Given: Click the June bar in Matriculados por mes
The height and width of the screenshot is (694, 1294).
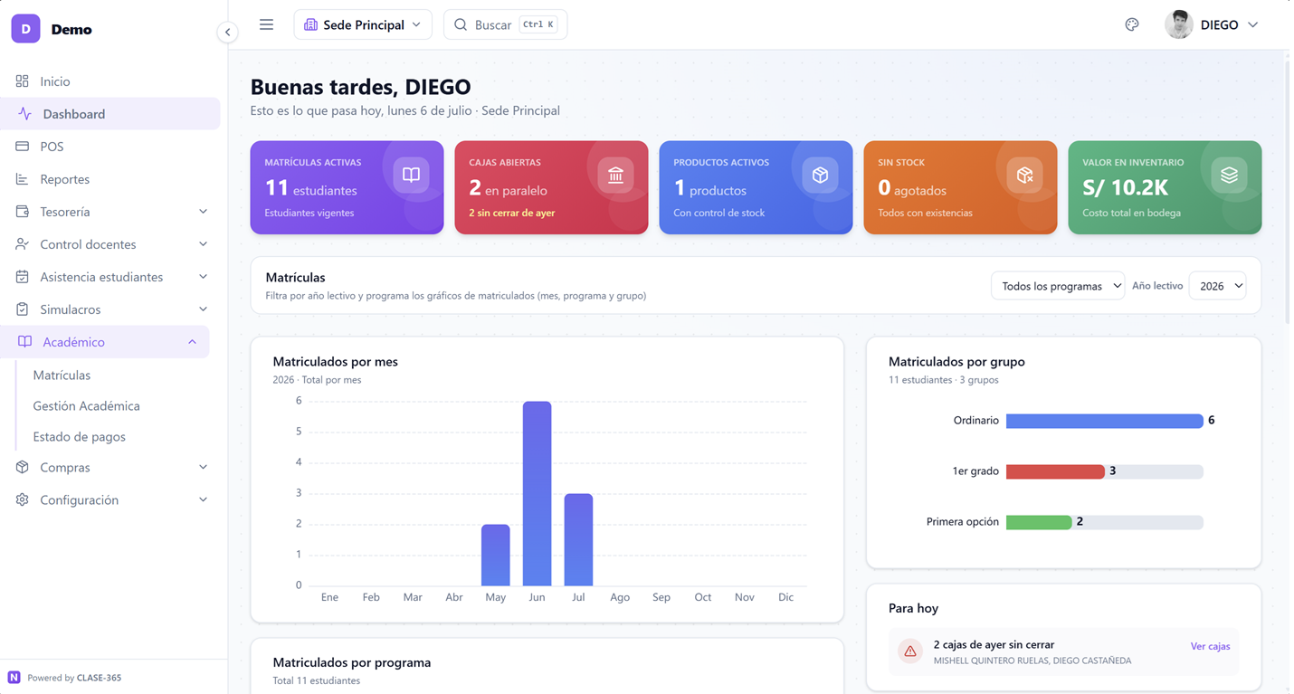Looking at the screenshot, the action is tap(537, 493).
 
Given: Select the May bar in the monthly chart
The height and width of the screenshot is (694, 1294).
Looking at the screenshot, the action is tap(496, 555).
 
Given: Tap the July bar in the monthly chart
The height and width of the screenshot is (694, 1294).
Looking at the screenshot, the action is tap(578, 539).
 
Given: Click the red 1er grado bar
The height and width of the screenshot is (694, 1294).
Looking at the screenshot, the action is tap(1055, 471).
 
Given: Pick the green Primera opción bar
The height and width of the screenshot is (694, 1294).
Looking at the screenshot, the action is tap(1039, 522).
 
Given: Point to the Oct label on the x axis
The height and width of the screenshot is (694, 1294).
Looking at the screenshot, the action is tap(702, 597).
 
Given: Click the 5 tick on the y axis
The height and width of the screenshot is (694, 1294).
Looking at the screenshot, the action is tap(299, 431).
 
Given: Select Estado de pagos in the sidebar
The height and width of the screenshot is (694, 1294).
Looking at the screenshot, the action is tap(79, 436).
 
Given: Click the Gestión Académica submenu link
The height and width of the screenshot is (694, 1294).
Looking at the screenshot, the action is tap(87, 405).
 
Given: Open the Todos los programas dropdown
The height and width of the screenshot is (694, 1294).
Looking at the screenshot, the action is tap(1058, 286).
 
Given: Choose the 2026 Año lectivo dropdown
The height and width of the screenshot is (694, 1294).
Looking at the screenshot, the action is tap(1218, 286).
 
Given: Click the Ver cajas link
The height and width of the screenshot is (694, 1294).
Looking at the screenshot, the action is tap(1210, 646).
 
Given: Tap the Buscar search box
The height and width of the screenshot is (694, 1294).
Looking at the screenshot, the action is tap(506, 24).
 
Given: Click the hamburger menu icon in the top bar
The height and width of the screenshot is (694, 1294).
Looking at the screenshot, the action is tap(266, 24).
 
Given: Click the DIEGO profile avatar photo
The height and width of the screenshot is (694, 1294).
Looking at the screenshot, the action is tap(1178, 24).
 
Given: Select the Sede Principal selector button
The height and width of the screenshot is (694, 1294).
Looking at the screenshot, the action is tap(363, 24).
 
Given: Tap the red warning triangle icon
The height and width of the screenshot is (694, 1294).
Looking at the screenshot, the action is tap(909, 651).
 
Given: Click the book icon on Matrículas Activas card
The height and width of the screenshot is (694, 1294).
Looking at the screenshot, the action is tap(412, 175).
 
